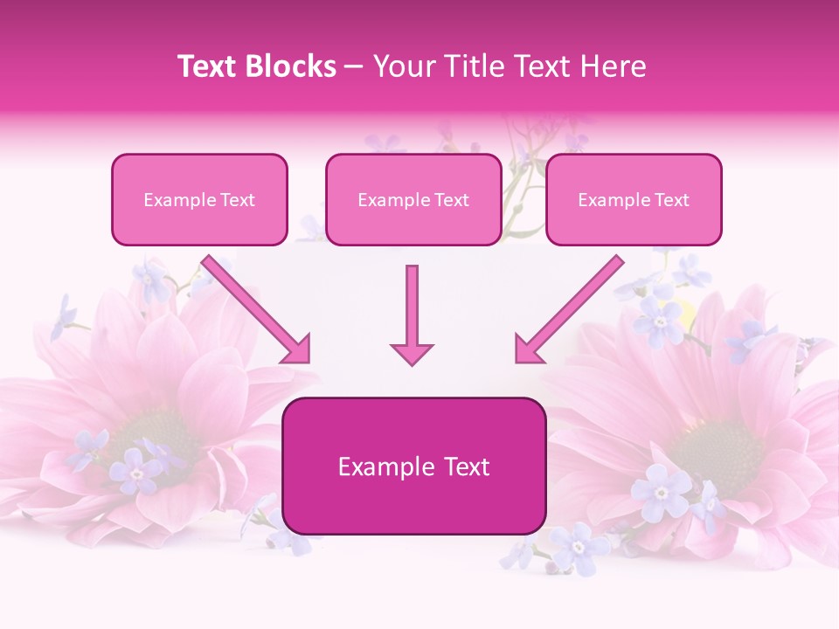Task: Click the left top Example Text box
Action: (199, 199)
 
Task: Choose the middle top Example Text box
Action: (413, 199)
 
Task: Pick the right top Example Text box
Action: (634, 199)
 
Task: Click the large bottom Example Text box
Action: (414, 467)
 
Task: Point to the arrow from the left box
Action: (253, 308)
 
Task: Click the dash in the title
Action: (355, 66)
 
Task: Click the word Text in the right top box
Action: (672, 199)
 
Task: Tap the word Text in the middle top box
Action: (452, 199)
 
